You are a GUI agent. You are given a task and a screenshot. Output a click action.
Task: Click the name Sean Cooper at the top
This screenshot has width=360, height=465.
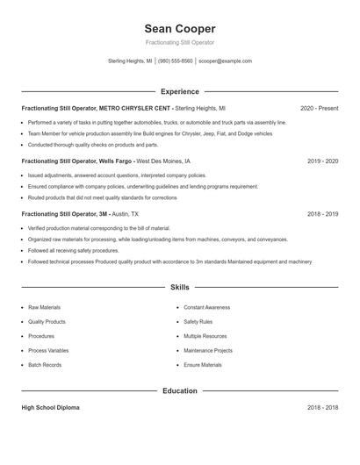tap(179, 29)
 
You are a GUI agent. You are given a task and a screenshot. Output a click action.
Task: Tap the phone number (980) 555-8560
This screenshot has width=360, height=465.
tap(175, 61)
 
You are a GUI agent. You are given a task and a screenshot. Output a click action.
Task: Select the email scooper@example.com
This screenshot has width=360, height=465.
tap(226, 61)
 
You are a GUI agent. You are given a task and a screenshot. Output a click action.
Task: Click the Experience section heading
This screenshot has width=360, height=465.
tap(179, 91)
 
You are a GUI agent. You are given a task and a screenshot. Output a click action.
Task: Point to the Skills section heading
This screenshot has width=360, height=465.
tap(179, 287)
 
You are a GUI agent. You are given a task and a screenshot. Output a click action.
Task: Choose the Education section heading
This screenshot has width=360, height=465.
tap(179, 390)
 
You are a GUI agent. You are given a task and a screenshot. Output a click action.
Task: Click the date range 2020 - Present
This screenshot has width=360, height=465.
tap(319, 108)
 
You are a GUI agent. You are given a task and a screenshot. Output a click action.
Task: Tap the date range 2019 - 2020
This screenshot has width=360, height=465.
tap(322, 161)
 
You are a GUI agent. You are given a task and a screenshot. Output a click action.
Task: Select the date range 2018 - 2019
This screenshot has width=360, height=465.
tap(322, 213)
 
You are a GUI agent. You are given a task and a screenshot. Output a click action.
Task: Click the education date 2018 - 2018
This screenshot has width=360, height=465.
tap(322, 408)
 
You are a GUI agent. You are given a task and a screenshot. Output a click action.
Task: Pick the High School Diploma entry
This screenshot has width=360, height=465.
tap(52, 408)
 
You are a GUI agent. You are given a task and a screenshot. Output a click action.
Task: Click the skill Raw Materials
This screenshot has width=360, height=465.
tap(45, 307)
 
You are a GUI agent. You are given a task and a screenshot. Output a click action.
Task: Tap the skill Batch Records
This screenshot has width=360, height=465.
tap(45, 365)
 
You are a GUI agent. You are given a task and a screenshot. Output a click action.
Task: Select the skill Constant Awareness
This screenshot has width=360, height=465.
tap(206, 307)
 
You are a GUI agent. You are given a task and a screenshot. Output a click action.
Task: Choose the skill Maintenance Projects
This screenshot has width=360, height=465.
tap(208, 350)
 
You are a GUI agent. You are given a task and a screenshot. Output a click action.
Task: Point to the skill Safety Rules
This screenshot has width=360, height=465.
tap(198, 321)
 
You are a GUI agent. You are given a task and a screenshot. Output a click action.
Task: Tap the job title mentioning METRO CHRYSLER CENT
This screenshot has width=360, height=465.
tap(96, 108)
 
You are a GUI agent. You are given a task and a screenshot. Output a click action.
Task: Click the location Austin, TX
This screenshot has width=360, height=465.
tap(128, 213)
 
